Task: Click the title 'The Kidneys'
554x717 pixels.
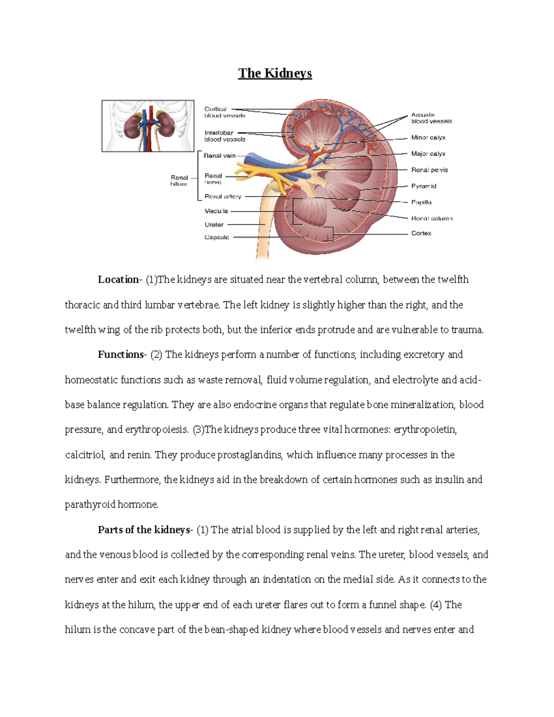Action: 275,73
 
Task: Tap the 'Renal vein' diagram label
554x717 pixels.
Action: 220,156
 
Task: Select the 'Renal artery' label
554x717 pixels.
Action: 223,197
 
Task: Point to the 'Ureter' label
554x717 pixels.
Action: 214,225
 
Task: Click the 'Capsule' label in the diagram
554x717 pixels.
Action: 217,237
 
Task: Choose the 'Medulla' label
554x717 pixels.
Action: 217,211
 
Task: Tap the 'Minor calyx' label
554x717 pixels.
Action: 428,138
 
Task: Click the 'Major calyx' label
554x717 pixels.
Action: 428,154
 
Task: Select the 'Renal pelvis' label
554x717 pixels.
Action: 429,170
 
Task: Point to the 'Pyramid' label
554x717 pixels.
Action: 424,186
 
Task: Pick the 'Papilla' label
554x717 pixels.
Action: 422,202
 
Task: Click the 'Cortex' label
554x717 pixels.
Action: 421,233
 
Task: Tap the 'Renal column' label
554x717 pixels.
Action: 432,218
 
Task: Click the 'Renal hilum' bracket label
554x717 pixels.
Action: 179,181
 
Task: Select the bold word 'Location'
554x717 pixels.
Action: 118,280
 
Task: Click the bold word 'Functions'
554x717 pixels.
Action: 121,355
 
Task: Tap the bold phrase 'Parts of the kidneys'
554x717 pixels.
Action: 144,530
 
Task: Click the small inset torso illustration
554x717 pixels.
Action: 148,126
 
